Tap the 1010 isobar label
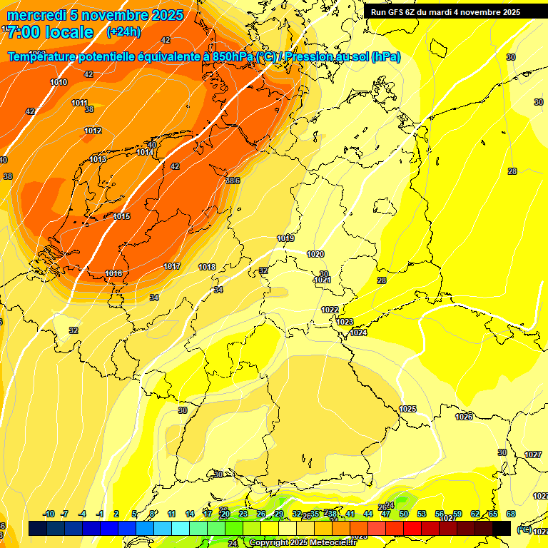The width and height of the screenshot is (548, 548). click(x=59, y=83)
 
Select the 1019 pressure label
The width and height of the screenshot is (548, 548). click(x=285, y=238)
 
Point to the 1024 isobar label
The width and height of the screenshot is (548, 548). click(x=358, y=333)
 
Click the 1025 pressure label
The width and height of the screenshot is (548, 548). click(x=407, y=409)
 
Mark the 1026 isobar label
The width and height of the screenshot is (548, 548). click(x=464, y=417)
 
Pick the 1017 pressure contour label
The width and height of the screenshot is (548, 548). click(x=172, y=266)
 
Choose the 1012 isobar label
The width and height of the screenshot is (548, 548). click(x=92, y=131)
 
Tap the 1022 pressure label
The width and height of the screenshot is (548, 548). click(x=330, y=310)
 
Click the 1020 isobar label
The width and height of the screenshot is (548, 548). click(x=315, y=254)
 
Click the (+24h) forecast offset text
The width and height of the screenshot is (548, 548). click(x=123, y=32)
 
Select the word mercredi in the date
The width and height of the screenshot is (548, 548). click(x=36, y=15)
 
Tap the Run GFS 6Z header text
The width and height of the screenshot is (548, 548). click(x=400, y=12)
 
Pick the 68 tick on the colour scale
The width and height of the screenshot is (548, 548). click(x=511, y=514)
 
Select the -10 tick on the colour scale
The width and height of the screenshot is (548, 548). click(x=49, y=514)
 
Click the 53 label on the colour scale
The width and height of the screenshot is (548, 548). click(x=422, y=514)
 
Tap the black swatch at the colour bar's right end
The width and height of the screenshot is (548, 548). click(x=502, y=528)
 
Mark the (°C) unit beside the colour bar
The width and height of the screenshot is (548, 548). click(x=523, y=529)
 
